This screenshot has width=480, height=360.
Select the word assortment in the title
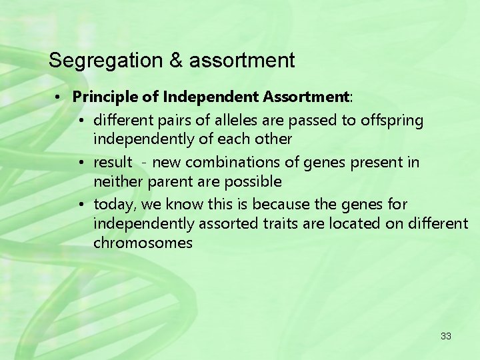click(242, 61)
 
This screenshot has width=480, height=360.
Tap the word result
click(113, 163)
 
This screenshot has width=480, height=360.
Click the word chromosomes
click(143, 243)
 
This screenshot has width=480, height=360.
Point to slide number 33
click(446, 336)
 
